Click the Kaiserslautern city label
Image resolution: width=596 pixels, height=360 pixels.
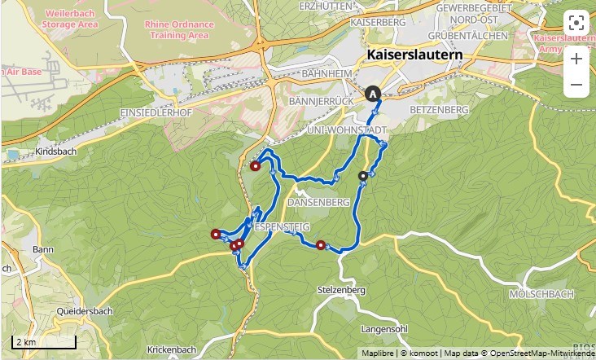tap(414, 55)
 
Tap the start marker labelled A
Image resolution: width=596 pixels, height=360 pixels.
tap(373, 94)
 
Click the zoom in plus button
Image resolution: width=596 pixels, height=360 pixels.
tap(576, 59)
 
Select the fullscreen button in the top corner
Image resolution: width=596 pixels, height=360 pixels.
tap(576, 22)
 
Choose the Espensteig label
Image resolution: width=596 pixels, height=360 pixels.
tap(281, 226)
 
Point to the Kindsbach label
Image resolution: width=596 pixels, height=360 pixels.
tap(55, 152)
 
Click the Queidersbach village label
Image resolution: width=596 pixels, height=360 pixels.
tap(85, 311)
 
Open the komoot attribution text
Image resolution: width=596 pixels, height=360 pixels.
tap(419, 353)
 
